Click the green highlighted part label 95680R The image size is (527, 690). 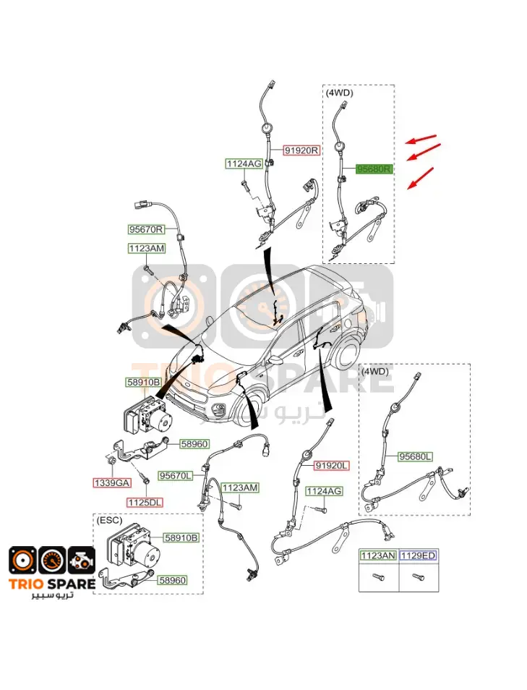point(374,169)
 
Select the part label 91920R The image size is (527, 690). point(301,150)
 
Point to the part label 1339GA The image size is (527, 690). point(112,482)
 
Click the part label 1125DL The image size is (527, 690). point(145,502)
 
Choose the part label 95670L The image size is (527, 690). point(176,476)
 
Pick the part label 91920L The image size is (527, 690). point(332,466)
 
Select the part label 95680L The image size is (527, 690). point(415,457)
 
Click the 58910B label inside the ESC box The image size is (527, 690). point(181,537)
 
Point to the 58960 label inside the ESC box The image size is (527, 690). point(172,581)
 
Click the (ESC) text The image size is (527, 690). point(109,520)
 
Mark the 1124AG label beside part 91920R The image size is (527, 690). point(244,163)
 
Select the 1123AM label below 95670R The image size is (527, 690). point(147,249)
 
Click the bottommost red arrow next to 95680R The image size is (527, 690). point(420,178)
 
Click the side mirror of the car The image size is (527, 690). point(276,361)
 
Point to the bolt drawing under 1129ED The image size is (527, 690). point(419,576)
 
